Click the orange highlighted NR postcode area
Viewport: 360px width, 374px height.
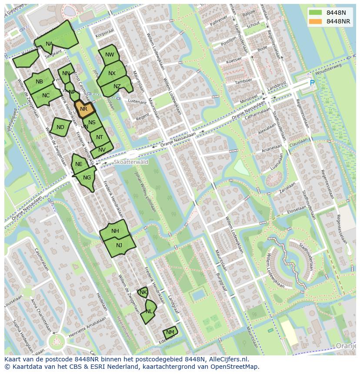pos(84,109)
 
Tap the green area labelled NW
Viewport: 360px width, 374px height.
pos(110,55)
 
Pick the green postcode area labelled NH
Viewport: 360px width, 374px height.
pos(115,231)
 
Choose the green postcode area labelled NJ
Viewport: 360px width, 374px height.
pos(119,246)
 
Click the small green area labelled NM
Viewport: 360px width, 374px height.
pos(170,333)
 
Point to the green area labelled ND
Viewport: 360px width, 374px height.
pos(60,127)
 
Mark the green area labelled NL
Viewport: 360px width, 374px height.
pos(149,311)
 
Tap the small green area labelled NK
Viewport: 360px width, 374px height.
pos(143,292)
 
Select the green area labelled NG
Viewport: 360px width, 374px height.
pos(87,178)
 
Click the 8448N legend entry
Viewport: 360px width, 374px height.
pos(336,13)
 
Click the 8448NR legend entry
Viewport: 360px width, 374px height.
pos(338,21)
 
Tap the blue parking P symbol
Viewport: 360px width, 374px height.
pos(312,83)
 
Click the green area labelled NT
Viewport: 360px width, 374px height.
pos(100,137)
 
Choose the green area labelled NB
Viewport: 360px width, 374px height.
pos(39,81)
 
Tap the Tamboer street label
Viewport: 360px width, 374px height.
pos(243,81)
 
